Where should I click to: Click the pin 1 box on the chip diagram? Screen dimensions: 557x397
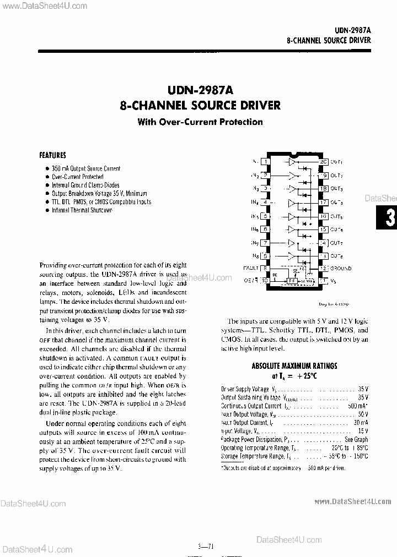pos(266,162)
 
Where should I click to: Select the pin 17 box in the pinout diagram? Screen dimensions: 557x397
pos(323,202)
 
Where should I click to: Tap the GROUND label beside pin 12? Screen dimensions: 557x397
pos(340,269)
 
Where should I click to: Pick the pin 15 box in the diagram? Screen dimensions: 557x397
pos(323,229)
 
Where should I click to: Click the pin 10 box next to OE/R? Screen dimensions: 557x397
pos(266,280)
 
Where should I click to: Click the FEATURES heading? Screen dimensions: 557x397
pos(52,156)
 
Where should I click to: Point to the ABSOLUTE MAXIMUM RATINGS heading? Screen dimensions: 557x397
pos(294,365)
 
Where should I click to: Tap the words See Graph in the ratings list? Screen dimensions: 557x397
pos(356,439)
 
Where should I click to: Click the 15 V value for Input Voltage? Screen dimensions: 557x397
pos(362,430)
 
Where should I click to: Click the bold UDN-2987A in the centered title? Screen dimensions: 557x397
pos(200,89)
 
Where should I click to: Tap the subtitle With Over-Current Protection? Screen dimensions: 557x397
pos(200,122)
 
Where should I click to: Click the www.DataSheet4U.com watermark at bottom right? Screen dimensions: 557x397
pos(352,501)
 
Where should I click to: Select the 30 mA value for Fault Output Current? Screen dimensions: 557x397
pos(360,422)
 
